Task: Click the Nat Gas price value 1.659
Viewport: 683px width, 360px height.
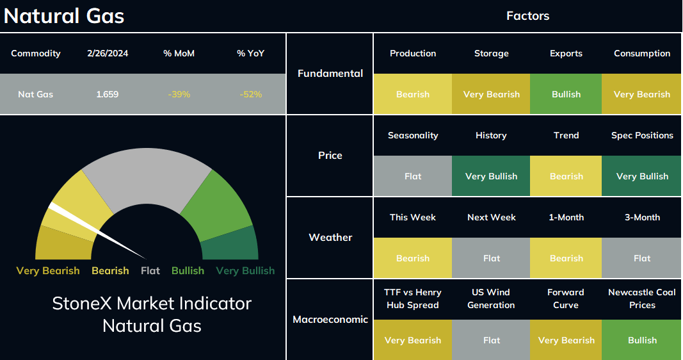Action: click(x=107, y=94)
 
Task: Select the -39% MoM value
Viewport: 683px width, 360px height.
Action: click(x=179, y=94)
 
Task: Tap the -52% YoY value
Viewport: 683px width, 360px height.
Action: click(x=251, y=94)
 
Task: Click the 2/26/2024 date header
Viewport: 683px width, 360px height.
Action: click(x=108, y=53)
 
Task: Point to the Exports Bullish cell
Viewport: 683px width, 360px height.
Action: click(x=566, y=94)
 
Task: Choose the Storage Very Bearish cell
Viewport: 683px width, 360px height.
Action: click(x=491, y=94)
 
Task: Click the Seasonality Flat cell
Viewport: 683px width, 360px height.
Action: click(x=412, y=176)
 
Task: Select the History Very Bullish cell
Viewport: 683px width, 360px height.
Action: click(x=491, y=176)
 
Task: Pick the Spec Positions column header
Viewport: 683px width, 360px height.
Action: click(x=642, y=136)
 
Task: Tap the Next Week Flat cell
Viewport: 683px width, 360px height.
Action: click(x=491, y=258)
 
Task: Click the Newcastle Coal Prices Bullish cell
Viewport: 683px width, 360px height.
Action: click(x=641, y=340)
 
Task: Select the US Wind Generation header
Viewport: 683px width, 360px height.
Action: click(x=491, y=299)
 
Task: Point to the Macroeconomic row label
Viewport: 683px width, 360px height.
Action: click(x=330, y=320)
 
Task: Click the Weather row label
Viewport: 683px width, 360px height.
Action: click(x=330, y=238)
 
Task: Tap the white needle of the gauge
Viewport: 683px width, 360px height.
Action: click(x=97, y=231)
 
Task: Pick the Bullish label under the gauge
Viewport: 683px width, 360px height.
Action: click(x=188, y=271)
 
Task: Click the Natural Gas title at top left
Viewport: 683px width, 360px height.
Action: click(x=64, y=15)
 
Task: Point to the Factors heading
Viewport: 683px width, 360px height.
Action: click(x=527, y=15)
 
